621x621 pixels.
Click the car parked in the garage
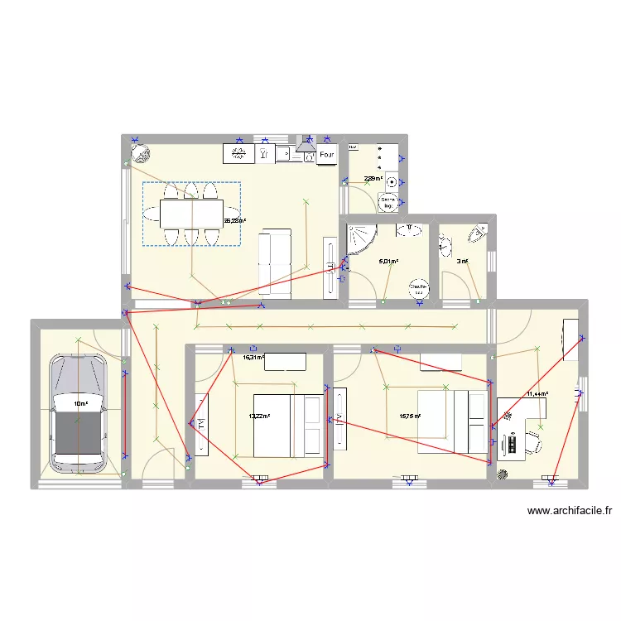[78, 411]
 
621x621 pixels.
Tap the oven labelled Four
[326, 154]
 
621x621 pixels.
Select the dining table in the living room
[190, 214]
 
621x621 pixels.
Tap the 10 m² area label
[80, 404]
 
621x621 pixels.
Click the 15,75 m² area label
[410, 416]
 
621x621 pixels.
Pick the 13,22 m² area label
[260, 416]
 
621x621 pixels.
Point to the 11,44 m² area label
[536, 395]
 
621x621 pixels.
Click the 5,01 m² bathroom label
[388, 262]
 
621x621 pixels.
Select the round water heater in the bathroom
[419, 287]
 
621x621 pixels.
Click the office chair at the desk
[534, 440]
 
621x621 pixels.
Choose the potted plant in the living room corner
[140, 152]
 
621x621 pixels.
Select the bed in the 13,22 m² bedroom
[287, 426]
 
